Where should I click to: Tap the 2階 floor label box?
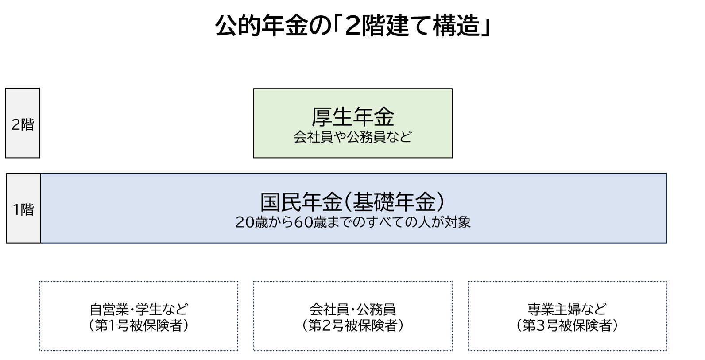(x=23, y=124)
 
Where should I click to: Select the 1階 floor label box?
(x=23, y=209)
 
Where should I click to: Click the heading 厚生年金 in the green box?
(x=352, y=117)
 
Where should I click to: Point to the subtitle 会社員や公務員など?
(x=352, y=137)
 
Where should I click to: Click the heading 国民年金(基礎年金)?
(x=352, y=202)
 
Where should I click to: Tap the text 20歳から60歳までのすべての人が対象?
(x=352, y=222)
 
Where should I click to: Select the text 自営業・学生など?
(x=139, y=308)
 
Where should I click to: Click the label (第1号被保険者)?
(x=139, y=326)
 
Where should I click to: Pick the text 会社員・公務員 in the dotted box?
(x=352, y=308)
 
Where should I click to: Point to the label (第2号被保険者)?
(x=352, y=326)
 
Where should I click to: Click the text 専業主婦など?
(x=567, y=308)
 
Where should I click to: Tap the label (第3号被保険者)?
(x=567, y=326)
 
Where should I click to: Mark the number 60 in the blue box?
(x=304, y=222)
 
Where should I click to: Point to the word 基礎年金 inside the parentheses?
(x=394, y=202)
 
